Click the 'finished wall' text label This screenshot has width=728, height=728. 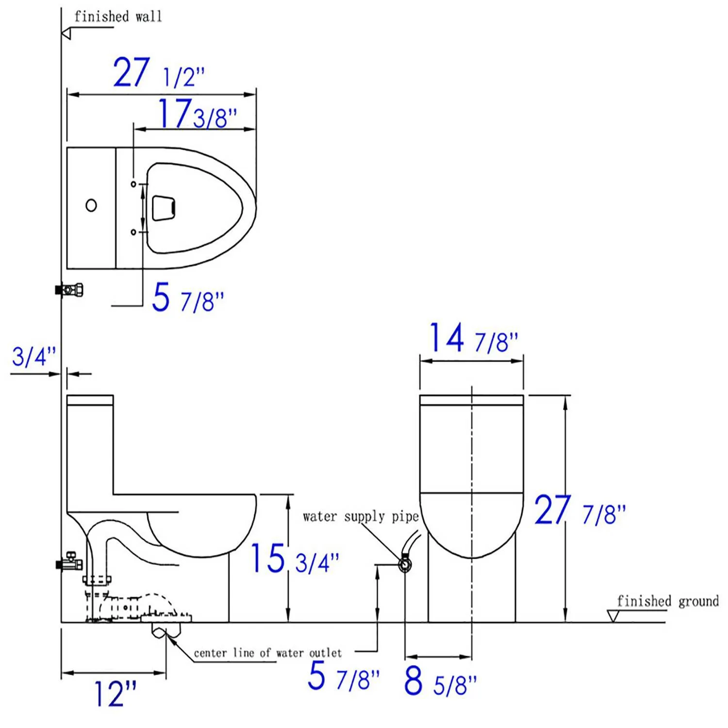point(118,17)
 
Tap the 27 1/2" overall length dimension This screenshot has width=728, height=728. point(158,73)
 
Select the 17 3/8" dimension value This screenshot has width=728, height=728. point(197,115)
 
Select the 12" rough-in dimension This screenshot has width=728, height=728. point(115,694)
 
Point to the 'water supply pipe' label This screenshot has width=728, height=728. point(360,516)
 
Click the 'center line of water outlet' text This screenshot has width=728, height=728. point(267,653)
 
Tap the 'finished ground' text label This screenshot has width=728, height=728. point(667,601)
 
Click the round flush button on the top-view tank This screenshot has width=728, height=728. point(91,205)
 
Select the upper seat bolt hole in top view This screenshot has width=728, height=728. point(133,184)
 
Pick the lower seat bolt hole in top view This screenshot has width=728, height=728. point(133,232)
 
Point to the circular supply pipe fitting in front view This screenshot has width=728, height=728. point(405,564)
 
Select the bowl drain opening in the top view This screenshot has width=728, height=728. point(164,208)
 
